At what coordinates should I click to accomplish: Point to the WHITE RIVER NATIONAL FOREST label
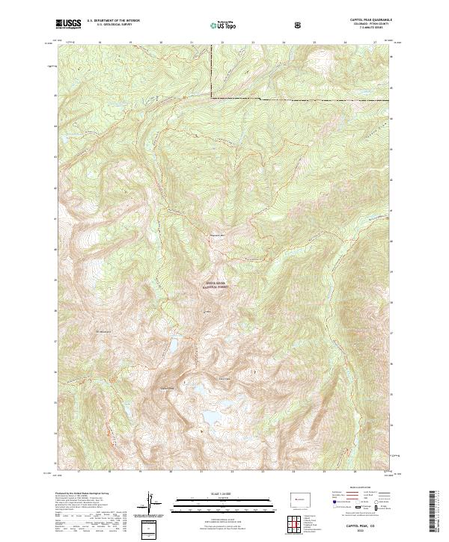216,286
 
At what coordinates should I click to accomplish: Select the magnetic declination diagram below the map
150,505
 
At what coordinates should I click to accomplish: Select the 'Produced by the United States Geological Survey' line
80,494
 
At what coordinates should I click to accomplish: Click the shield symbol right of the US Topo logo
299,25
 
